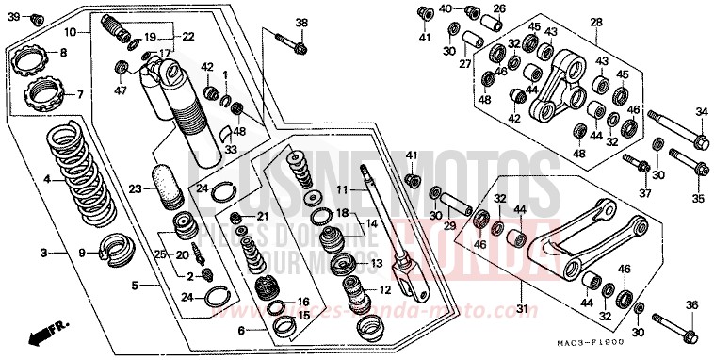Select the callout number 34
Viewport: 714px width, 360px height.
tap(700, 112)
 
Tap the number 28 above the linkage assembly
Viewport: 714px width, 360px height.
tap(594, 22)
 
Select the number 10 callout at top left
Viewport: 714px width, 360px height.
tap(70, 32)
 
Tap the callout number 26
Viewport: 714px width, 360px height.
tap(499, 9)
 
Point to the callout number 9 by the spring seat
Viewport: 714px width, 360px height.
tap(82, 252)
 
